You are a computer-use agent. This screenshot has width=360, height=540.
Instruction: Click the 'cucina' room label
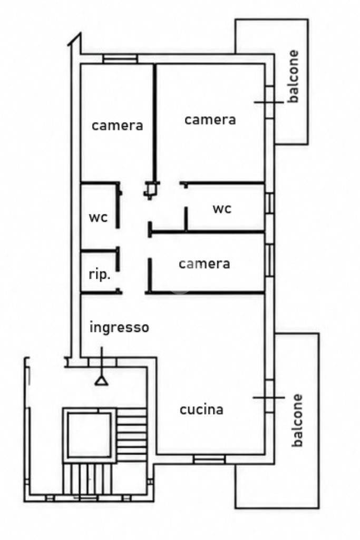tap(201, 409)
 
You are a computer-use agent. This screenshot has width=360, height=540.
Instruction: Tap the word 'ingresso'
tap(119, 327)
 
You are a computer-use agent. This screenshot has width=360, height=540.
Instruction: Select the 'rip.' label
tap(100, 274)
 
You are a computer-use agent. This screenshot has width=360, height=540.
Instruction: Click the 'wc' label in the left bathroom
tap(98, 217)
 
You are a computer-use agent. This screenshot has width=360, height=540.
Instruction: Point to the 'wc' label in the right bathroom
tap(222, 208)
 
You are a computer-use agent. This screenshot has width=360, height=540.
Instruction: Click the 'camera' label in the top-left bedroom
tap(117, 125)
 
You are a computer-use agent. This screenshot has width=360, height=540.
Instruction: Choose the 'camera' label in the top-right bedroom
tap(210, 120)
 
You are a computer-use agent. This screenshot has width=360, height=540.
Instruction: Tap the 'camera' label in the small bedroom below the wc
tap(205, 264)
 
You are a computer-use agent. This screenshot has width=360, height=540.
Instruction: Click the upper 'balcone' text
tap(293, 76)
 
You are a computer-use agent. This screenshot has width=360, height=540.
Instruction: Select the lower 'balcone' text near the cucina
tap(297, 420)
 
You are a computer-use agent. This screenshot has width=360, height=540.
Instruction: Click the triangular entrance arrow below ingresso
tap(102, 380)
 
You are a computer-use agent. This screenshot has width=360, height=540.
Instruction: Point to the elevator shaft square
tap(89, 435)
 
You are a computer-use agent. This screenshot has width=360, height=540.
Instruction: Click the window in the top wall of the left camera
tap(120, 59)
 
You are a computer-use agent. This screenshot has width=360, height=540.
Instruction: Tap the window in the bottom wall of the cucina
tap(209, 459)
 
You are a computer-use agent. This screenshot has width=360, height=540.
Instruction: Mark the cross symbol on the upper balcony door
tap(269, 102)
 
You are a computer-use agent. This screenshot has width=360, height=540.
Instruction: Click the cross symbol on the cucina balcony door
tap(269, 397)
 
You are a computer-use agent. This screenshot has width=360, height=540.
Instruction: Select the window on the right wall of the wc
tap(269, 203)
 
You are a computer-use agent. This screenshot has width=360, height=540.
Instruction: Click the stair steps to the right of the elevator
tap(132, 436)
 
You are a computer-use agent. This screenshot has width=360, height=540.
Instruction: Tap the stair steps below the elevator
tap(87, 479)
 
